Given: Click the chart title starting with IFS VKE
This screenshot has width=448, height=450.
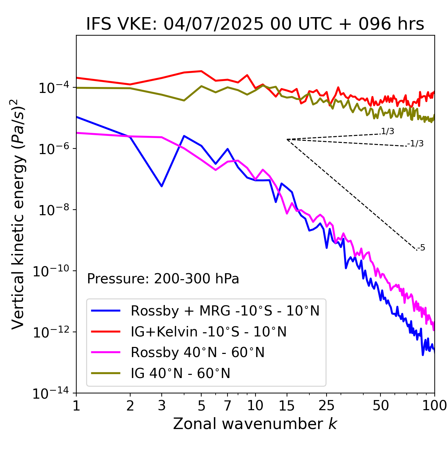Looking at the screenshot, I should point(255,24).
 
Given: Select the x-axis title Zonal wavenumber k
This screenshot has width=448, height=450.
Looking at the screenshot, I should point(255,424).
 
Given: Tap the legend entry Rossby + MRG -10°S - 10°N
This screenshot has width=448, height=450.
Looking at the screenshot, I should point(225,311).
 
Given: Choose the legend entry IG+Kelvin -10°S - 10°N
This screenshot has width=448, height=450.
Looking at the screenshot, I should point(209,332).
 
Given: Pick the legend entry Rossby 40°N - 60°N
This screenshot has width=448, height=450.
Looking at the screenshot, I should point(198,353).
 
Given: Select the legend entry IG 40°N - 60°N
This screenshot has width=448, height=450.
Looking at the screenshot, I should point(181,373).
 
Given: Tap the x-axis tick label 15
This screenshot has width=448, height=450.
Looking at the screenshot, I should point(287,406).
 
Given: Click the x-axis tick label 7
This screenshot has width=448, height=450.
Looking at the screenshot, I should point(227,406).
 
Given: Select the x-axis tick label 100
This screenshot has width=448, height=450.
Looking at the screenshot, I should point(434,406).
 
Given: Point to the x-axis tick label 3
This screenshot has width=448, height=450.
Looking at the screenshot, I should point(162,406).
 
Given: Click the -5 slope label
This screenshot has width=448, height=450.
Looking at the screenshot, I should point(421,248).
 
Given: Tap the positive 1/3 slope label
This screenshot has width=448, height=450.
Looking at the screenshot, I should point(387,131).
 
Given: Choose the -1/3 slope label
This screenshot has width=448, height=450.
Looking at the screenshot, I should point(416,144).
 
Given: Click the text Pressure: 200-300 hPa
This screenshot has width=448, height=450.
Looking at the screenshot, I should point(163,279).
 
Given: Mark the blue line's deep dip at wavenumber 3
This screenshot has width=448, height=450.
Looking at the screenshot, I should point(162,186).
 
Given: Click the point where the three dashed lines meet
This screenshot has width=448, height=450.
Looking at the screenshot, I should point(287,139).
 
